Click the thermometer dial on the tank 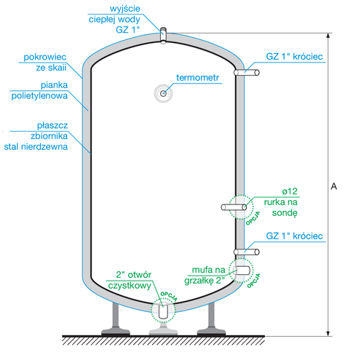(164, 92)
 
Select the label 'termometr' (199, 77)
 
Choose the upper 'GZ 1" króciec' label (295, 55)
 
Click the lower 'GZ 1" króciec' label (295, 237)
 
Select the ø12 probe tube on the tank (235, 208)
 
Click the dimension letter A (333, 187)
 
